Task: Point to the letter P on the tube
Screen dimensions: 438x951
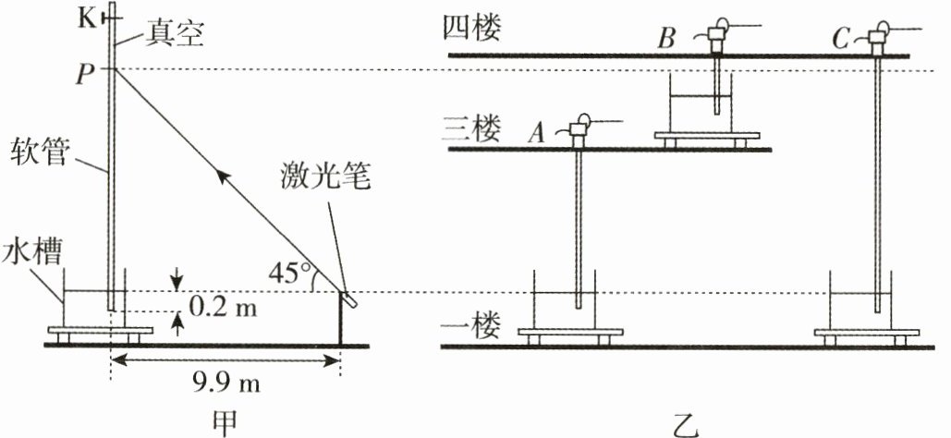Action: (86, 75)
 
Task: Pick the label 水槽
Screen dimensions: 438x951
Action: (24, 250)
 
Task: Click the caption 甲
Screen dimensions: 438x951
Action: (225, 421)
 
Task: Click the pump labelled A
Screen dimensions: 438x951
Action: (580, 133)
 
